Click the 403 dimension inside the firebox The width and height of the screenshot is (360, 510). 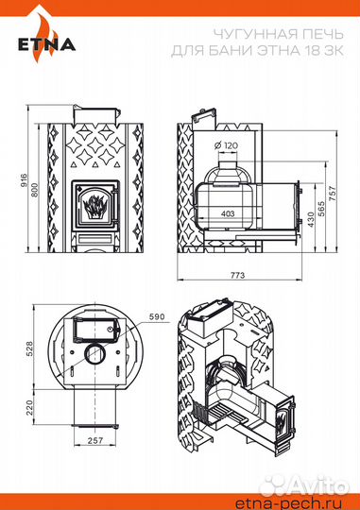pos(227,214)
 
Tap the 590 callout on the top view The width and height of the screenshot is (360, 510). pos(156,317)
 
